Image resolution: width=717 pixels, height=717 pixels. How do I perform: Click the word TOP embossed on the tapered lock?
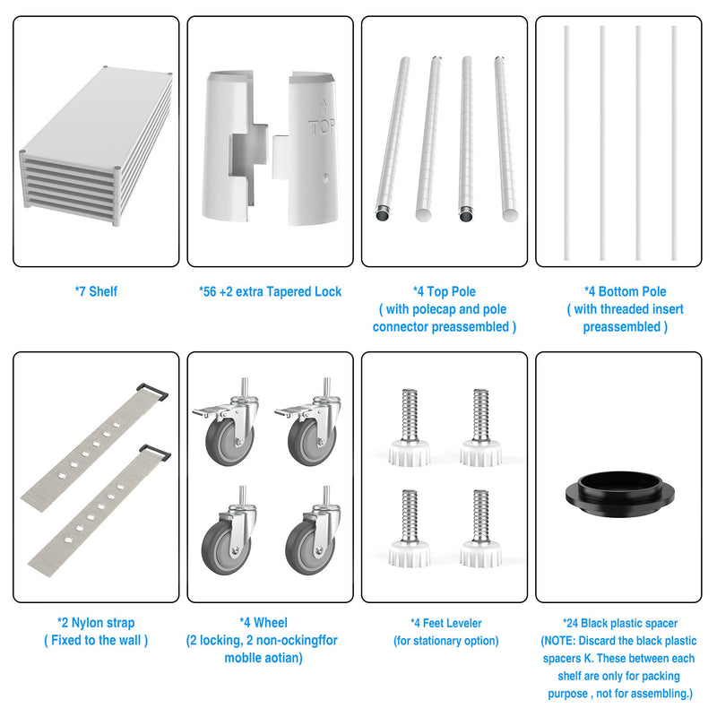point(322,126)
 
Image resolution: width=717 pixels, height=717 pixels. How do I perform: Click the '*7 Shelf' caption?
point(96,291)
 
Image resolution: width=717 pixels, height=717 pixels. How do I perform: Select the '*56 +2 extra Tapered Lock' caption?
point(271,291)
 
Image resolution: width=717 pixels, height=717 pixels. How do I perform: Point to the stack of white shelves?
point(96,146)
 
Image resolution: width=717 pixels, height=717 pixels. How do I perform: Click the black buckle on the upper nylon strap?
point(152,392)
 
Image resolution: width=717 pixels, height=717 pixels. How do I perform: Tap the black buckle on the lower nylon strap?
point(155,453)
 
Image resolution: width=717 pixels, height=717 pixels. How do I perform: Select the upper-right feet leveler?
point(480,428)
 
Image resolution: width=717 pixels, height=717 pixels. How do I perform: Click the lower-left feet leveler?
point(410,529)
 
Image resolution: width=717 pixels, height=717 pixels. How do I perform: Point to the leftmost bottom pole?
point(566,143)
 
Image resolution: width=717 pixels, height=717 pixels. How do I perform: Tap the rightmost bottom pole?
point(674,143)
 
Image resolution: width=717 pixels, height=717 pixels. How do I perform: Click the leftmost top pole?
point(393,140)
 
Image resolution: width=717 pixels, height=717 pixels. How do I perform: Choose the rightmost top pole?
point(506,139)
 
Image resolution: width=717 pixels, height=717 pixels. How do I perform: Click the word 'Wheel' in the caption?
point(271,622)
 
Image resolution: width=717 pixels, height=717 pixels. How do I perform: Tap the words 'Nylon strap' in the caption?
point(103,623)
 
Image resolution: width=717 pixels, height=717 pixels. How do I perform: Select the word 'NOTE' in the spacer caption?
point(559,641)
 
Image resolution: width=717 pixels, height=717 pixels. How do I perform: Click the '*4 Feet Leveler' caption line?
point(445,623)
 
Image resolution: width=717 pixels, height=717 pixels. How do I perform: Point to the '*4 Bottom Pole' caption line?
point(625,291)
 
